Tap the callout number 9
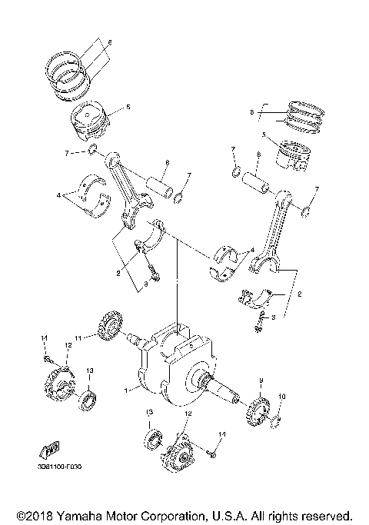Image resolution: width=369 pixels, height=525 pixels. [260, 382]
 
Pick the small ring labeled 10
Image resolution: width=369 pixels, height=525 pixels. [278, 420]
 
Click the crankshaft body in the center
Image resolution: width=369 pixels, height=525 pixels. [177, 369]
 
